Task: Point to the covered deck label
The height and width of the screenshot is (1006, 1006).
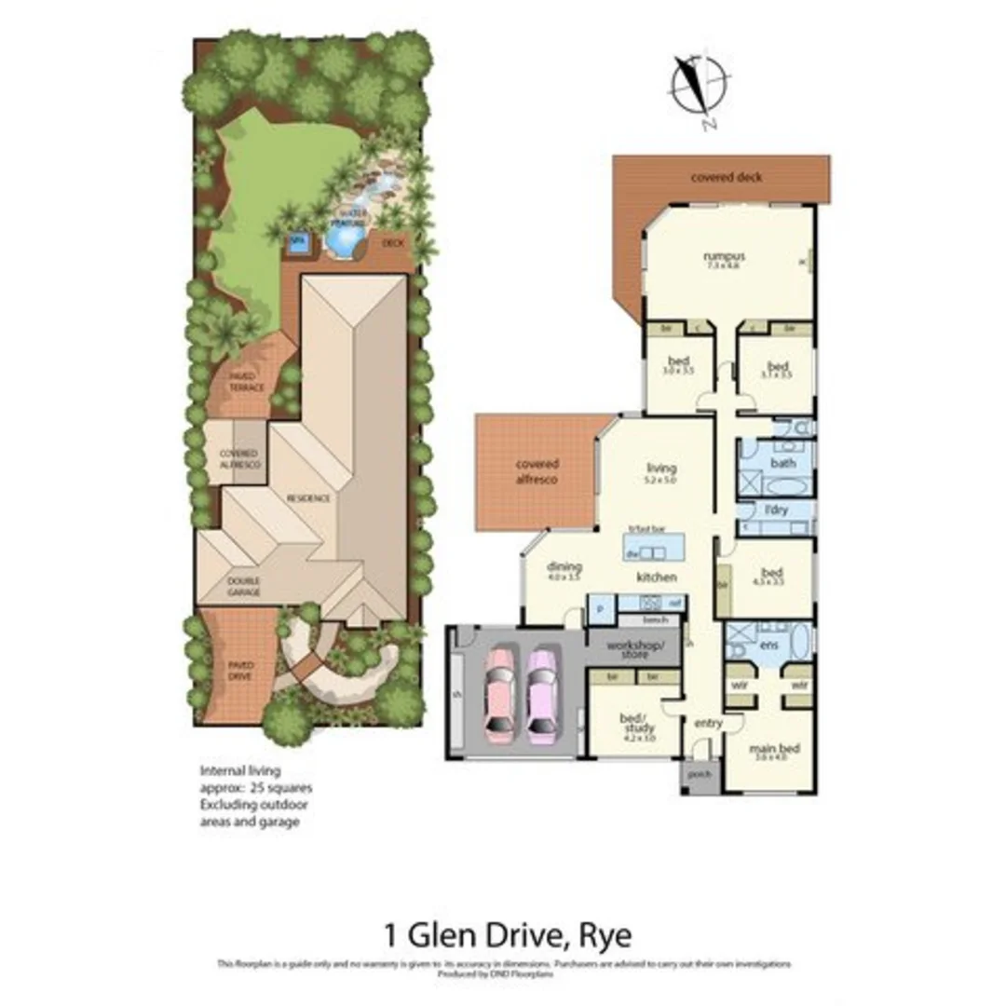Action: pyautogui.click(x=726, y=176)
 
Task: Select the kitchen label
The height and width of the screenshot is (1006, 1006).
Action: pyautogui.click(x=656, y=578)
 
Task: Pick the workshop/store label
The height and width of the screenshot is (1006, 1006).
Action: pyautogui.click(x=632, y=649)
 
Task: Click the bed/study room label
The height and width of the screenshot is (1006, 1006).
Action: pyautogui.click(x=637, y=722)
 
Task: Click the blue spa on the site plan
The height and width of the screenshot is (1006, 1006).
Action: pyautogui.click(x=297, y=245)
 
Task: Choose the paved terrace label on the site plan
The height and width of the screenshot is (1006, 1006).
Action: pyautogui.click(x=247, y=382)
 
